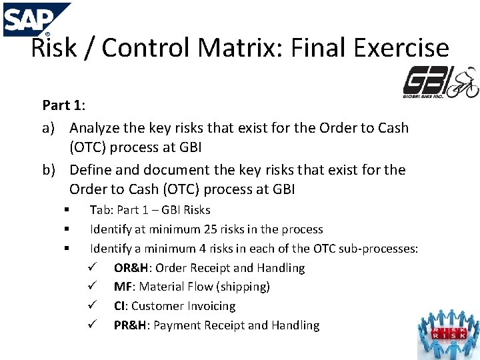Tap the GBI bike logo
click(x=441, y=83)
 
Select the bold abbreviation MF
click(x=122, y=287)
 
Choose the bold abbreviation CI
click(x=120, y=307)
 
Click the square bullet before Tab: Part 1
click(x=67, y=210)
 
